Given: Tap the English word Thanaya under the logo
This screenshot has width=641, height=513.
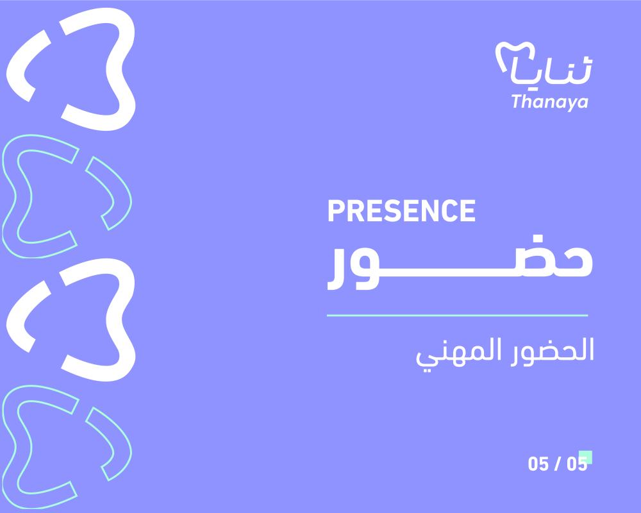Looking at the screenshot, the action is click(549, 102).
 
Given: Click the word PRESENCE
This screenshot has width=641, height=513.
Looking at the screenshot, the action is click(401, 211).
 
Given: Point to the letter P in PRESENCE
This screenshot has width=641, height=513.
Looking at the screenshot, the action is click(336, 211).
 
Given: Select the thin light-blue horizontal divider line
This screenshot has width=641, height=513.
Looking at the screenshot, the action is click(458, 315).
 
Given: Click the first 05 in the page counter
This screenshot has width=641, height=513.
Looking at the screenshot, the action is click(538, 464).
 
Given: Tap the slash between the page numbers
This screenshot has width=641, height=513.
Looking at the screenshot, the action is click(558, 464).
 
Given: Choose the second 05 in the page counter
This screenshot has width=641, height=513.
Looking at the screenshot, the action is click(577, 464).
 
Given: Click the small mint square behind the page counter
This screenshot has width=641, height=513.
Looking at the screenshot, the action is click(587, 456).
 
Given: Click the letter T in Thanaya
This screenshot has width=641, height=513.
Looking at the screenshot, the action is click(517, 101).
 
